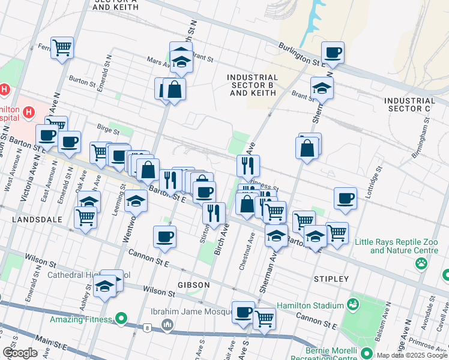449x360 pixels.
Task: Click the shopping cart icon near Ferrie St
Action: point(62,47)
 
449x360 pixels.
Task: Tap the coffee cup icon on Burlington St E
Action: point(333,52)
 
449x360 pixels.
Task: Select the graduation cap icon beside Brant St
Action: point(322,88)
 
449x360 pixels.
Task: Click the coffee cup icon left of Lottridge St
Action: point(345,198)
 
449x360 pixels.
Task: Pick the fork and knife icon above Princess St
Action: point(248,165)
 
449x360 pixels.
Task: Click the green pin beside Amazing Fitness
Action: point(121,319)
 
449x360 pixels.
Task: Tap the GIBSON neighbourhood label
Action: point(193,285)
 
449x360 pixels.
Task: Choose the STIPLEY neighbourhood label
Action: point(331,279)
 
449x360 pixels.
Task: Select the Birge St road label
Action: point(109,127)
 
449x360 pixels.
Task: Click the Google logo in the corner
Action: point(20,353)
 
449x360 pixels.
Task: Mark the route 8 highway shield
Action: point(147,328)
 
